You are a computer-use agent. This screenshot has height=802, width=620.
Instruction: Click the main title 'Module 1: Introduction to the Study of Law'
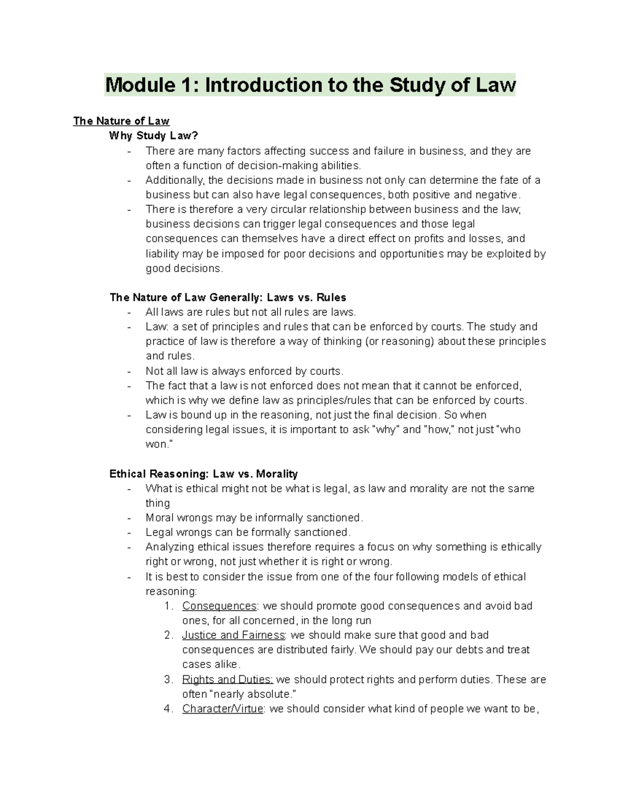point(310,85)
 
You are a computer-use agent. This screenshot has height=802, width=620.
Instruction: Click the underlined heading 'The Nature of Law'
point(121,121)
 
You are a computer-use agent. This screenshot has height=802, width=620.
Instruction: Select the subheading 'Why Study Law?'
point(153,136)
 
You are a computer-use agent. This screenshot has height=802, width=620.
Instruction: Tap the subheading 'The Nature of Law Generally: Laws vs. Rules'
point(228,297)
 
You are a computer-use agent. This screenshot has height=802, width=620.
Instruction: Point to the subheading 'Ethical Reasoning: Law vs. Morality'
point(204,474)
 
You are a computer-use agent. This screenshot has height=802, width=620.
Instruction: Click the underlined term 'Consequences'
point(219,606)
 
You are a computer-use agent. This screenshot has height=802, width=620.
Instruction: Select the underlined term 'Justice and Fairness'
point(234,635)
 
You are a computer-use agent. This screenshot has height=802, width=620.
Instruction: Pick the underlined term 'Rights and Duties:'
point(227,680)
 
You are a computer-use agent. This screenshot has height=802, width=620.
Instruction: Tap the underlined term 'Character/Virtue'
point(223,709)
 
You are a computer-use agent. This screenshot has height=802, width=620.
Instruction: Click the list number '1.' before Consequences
point(169,606)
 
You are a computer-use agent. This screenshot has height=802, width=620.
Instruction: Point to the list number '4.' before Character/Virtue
point(169,709)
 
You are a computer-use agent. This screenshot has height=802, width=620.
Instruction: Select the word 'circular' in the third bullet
point(289,209)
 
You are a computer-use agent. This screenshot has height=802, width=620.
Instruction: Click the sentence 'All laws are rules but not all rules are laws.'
point(251,312)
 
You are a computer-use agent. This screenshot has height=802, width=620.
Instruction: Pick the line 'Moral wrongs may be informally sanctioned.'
point(255,517)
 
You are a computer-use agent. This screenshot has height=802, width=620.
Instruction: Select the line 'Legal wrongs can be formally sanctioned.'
point(248,532)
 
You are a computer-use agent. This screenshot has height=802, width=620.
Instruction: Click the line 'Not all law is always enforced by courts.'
point(244,371)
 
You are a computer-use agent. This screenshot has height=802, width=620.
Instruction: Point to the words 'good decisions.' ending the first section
point(184,269)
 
